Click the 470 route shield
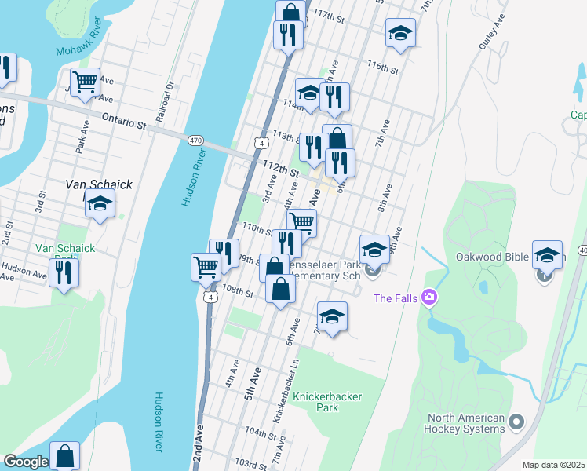tap(196, 139)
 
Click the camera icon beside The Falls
tap(428, 297)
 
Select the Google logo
tap(25, 462)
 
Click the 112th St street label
tap(282, 169)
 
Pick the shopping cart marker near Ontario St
tap(84, 82)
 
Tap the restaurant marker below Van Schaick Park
tap(64, 272)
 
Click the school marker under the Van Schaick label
tap(100, 205)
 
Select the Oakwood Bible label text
tap(490, 256)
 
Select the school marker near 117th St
tap(400, 34)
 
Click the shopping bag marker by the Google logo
tap(65, 455)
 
